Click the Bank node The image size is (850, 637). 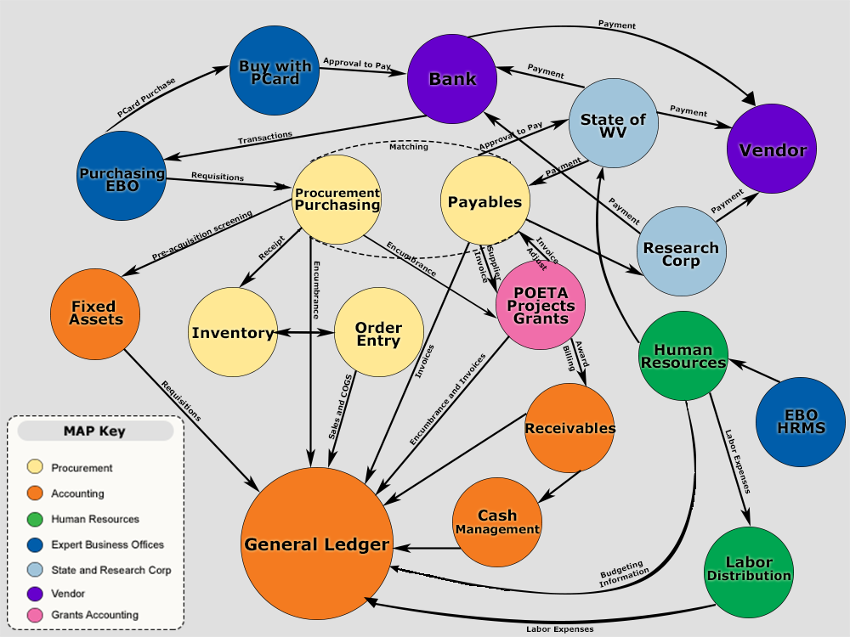coord(451,80)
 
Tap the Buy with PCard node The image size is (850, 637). coord(275,72)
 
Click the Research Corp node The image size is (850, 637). coord(681,251)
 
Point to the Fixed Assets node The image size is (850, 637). coord(93,313)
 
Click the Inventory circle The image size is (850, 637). coord(233,333)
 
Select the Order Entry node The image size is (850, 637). coord(378,333)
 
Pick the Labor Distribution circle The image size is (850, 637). coord(748,570)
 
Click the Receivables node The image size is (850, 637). coord(569,428)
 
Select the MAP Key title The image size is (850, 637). coord(94,431)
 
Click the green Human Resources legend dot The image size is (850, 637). coord(35,519)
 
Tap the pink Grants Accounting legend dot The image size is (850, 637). coord(35,615)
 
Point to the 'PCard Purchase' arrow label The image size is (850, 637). coord(146,98)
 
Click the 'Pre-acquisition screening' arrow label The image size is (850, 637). coord(202,237)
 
